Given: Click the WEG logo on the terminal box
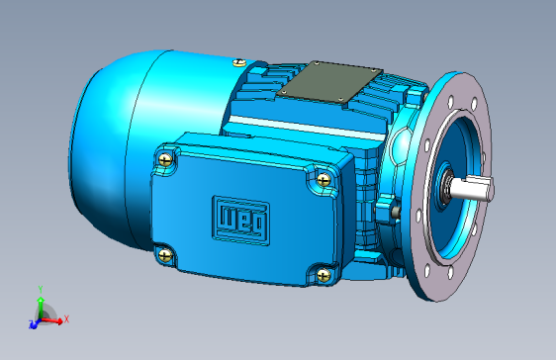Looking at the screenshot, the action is tap(240, 220).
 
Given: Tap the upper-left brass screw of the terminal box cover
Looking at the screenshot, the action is tap(165, 159).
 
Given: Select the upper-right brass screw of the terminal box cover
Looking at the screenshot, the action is tap(324, 180).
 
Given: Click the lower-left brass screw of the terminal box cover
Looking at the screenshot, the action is tap(165, 255).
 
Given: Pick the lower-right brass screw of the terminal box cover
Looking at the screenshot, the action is tap(324, 275).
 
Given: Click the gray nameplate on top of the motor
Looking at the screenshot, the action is tap(329, 82).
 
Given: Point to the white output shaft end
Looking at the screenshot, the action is tap(472, 189).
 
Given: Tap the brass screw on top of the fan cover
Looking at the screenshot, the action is tap(239, 62).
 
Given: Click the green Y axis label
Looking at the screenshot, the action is tap(41, 290).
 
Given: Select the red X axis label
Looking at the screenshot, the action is tap(66, 319).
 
